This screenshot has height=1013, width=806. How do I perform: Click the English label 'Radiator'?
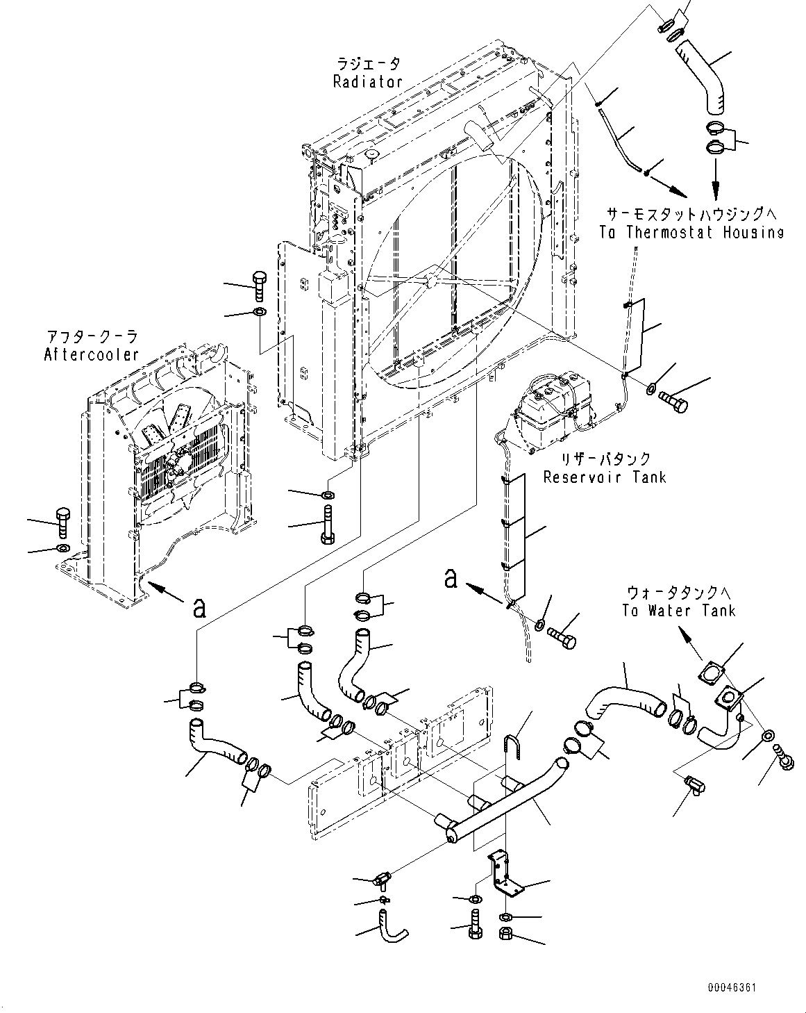point(367,82)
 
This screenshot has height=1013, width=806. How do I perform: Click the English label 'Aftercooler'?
point(91,355)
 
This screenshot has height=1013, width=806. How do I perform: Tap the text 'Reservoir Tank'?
point(604,477)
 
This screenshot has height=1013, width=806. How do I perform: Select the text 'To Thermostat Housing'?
point(691,233)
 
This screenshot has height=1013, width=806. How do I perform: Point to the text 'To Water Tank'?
point(678,611)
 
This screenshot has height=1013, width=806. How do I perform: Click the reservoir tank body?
point(551,410)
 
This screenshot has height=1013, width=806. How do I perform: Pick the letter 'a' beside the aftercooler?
point(200,608)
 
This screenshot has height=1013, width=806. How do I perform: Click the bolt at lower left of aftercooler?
point(62,523)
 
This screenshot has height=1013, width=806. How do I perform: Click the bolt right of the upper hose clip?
point(673,400)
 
